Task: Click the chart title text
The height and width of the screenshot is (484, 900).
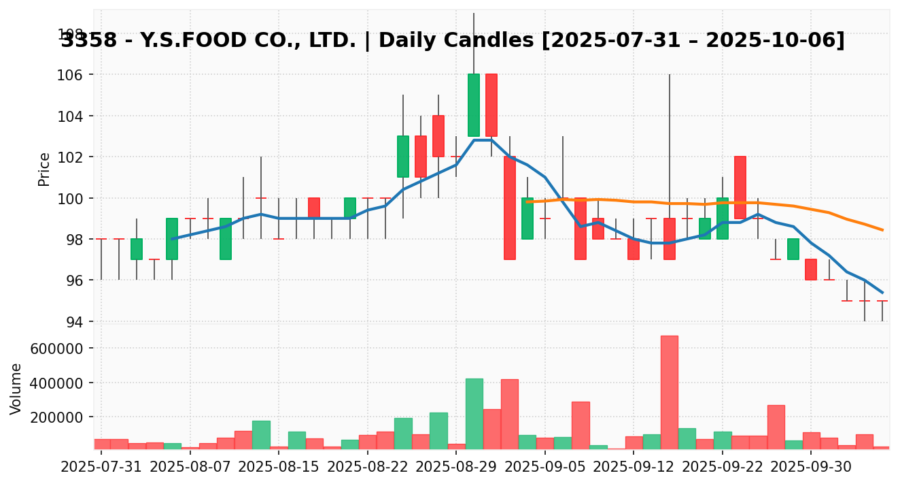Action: tap(453, 41)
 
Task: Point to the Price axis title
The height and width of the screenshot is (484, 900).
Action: tap(44, 169)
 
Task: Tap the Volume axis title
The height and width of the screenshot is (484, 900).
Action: tap(16, 389)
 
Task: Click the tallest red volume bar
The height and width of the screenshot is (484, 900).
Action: tap(669, 391)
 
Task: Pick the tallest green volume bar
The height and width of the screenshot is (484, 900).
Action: tap(474, 413)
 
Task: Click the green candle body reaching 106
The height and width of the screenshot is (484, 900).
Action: tap(474, 105)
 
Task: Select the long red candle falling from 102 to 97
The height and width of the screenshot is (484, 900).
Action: tap(510, 208)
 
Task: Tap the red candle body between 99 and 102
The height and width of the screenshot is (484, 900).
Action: tap(740, 187)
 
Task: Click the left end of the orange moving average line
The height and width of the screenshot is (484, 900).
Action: tap(527, 201)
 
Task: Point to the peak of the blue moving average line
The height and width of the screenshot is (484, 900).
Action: tap(483, 140)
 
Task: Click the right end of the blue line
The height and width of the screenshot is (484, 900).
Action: tap(882, 293)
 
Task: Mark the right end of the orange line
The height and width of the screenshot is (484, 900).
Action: tap(882, 230)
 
